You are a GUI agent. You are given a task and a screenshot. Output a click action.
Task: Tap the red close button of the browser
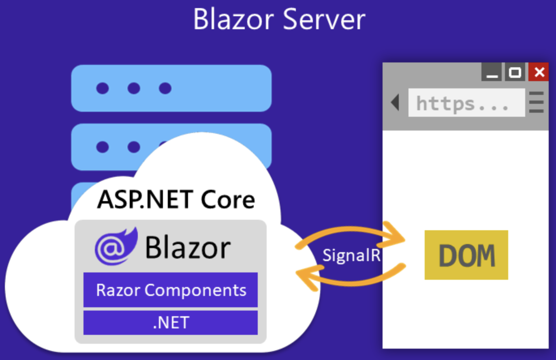point(539,72)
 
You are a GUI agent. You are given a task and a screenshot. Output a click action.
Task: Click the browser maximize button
point(515,72)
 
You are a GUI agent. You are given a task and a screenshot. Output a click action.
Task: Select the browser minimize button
point(492,72)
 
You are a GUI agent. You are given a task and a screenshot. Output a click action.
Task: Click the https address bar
point(466,103)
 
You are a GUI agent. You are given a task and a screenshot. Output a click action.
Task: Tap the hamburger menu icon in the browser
point(537,103)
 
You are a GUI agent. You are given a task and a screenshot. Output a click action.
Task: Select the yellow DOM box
point(466,255)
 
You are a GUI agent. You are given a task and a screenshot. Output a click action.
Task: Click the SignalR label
point(351,255)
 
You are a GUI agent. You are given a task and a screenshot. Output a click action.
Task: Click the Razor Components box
point(171,290)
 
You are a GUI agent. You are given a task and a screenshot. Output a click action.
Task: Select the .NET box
point(171,323)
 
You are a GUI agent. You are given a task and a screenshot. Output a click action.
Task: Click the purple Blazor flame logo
point(116,246)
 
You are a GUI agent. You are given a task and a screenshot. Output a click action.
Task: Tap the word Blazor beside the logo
point(188,247)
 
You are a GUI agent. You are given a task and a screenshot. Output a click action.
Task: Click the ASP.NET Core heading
point(176,199)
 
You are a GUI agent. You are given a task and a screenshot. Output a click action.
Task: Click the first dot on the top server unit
point(103,88)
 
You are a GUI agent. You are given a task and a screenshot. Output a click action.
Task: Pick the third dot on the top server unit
point(165,88)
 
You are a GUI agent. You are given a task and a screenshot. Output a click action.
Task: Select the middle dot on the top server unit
point(134,88)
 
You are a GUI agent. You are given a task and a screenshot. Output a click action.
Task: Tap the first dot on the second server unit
point(103,147)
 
